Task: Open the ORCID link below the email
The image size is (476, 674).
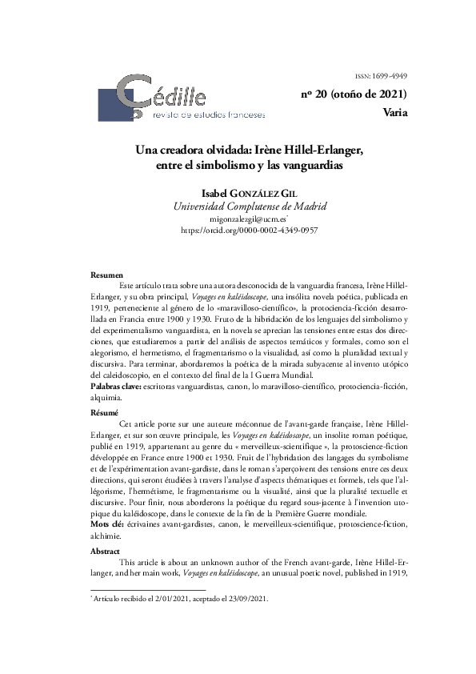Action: tap(250, 229)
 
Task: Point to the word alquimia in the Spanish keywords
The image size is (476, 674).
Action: tap(106, 398)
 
